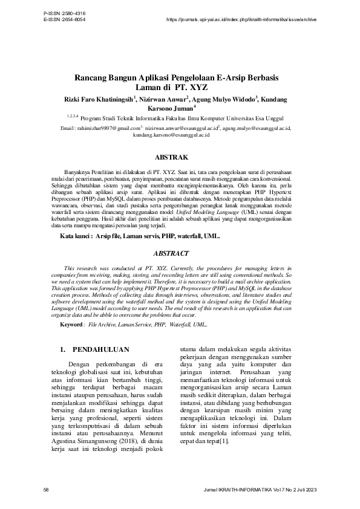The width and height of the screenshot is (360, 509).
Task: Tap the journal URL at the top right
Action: [x=240, y=19]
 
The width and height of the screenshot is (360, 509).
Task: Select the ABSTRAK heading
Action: [x=179, y=158]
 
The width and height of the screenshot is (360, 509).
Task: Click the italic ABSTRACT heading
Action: [x=171, y=253]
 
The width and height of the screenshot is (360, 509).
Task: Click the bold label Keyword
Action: [x=71, y=325]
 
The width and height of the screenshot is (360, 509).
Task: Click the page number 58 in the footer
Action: [x=47, y=488]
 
